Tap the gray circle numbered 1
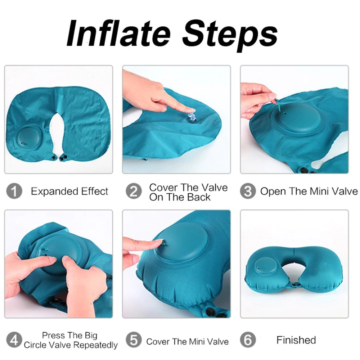click(x=14, y=192)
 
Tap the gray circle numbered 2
click(x=134, y=192)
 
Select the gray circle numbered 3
click(x=248, y=192)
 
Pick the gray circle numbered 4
click(x=14, y=340)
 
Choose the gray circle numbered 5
click(x=134, y=340)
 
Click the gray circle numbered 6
click(x=248, y=340)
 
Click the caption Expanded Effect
click(x=69, y=192)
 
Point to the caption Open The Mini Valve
click(x=309, y=192)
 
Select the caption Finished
click(x=296, y=340)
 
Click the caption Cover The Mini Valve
click(x=187, y=341)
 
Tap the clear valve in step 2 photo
click(x=190, y=117)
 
